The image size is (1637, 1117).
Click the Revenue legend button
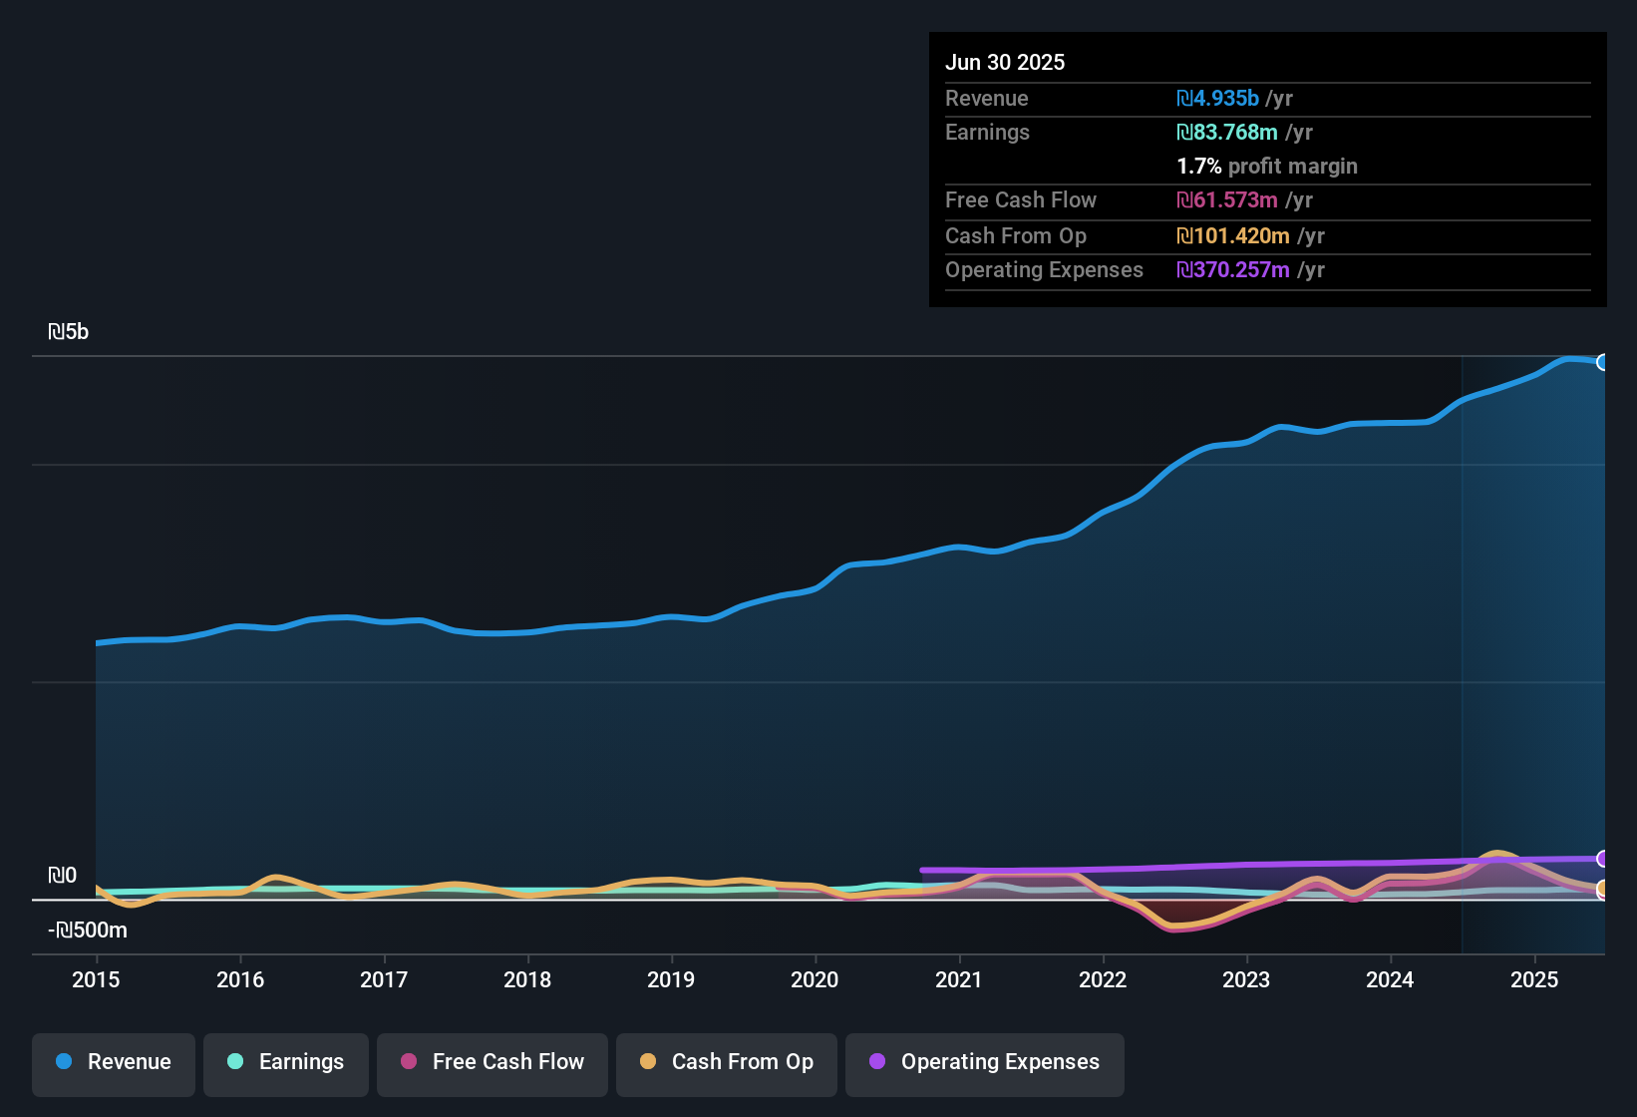pyautogui.click(x=114, y=1062)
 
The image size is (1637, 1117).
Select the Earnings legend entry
pyautogui.click(x=286, y=1062)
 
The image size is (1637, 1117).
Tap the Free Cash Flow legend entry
pyautogui.click(x=492, y=1062)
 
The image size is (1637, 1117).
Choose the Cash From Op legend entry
pyautogui.click(x=727, y=1062)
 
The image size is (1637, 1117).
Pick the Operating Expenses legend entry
pyautogui.click(x=985, y=1062)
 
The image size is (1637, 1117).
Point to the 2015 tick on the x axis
pyautogui.click(x=96, y=979)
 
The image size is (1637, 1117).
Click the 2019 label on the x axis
pyautogui.click(x=671, y=979)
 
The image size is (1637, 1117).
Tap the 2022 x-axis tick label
pyautogui.click(x=1103, y=979)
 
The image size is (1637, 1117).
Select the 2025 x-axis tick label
pyautogui.click(x=1534, y=979)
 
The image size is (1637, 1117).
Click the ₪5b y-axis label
pyautogui.click(x=68, y=332)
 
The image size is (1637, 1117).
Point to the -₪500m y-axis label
pyautogui.click(x=88, y=931)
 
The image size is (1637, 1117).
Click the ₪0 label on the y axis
pyautogui.click(x=62, y=876)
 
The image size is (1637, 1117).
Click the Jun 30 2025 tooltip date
pyautogui.click(x=1005, y=63)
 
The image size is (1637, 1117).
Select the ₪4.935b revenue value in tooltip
pyautogui.click(x=1217, y=99)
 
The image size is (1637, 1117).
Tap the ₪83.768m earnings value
pyautogui.click(x=1226, y=133)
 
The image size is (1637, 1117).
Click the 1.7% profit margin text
pyautogui.click(x=1267, y=167)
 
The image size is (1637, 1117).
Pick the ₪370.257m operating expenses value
pyautogui.click(x=1232, y=270)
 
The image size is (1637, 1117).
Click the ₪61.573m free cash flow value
pyautogui.click(x=1226, y=200)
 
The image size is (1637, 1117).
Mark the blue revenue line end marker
pyautogui.click(x=1602, y=362)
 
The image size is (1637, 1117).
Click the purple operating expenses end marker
pyautogui.click(x=1602, y=859)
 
